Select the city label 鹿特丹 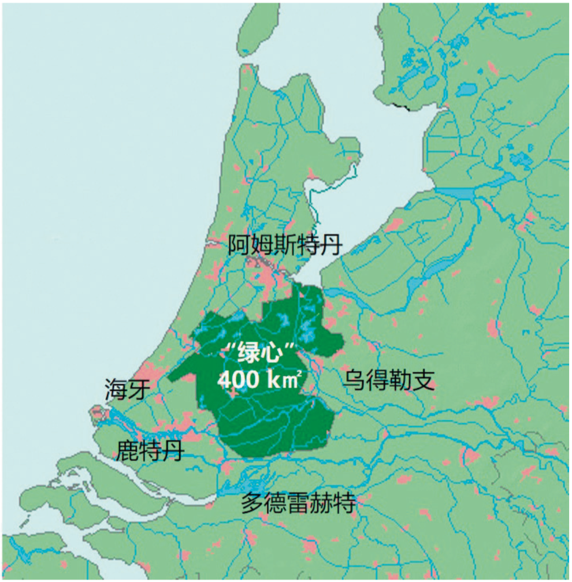[150, 450]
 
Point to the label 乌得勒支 [388, 380]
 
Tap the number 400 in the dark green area [238, 380]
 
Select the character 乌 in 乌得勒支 [353, 380]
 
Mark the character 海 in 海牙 [116, 389]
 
